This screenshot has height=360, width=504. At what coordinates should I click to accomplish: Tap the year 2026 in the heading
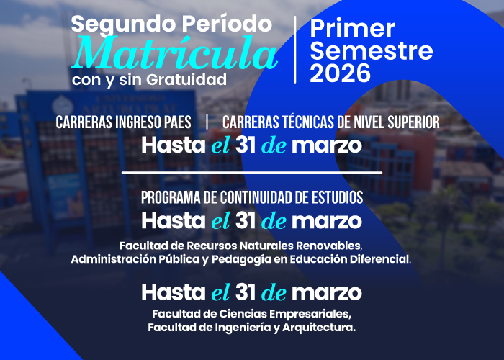(341, 73)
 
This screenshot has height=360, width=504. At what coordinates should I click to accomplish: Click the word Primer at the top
(353, 29)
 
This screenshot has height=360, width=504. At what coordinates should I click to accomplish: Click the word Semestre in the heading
(372, 50)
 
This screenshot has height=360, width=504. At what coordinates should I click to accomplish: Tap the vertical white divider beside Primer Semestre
(295, 49)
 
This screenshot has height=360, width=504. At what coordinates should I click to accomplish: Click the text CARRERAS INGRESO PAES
(123, 122)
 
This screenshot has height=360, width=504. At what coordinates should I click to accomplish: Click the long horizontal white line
(252, 173)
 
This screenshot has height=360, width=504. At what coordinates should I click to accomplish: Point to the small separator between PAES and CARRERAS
(207, 122)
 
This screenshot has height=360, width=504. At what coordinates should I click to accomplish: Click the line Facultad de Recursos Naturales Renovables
(241, 245)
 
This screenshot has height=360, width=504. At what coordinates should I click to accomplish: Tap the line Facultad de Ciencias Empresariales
(251, 314)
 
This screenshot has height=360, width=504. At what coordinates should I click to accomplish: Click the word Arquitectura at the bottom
(320, 328)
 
